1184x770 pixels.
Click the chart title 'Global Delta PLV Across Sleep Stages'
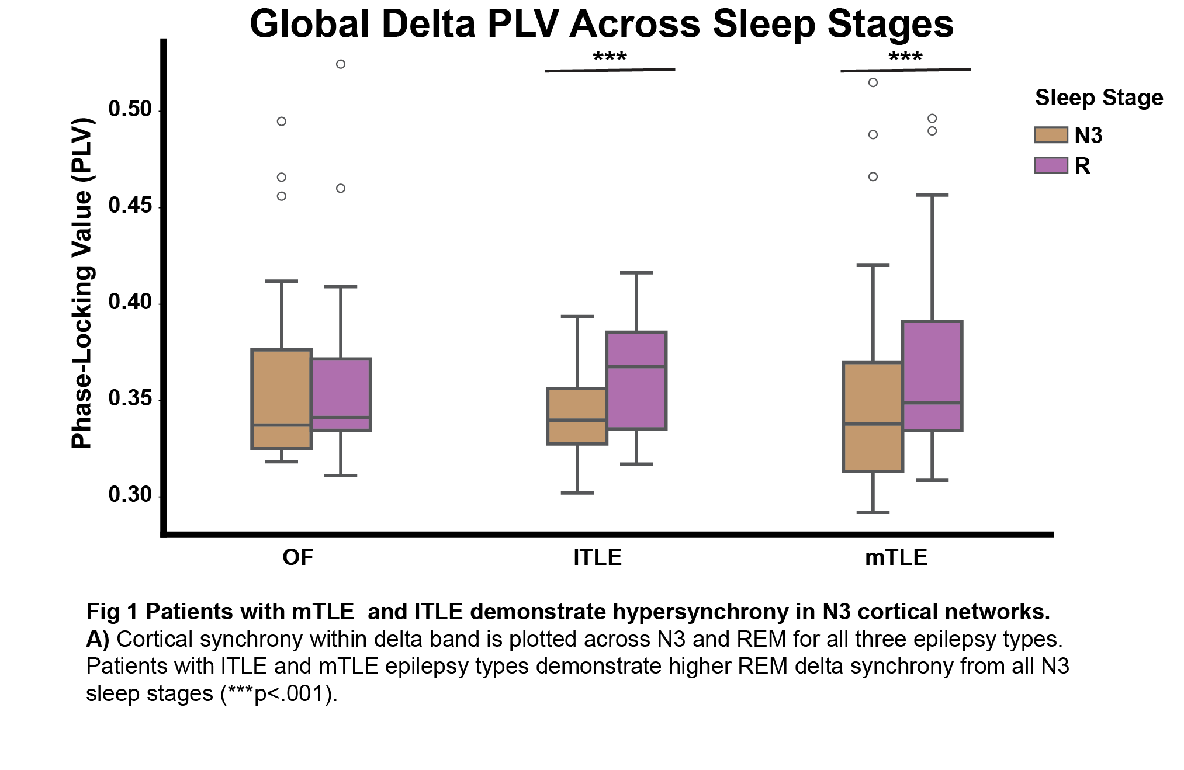coord(601,25)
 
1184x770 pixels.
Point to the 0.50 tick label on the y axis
coord(130,109)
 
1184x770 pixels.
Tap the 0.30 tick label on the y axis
coord(130,495)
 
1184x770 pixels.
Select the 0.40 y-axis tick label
coord(130,302)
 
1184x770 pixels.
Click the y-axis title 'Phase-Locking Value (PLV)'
coord(82,283)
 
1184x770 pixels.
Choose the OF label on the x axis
coord(298,557)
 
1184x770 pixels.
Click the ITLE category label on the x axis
coord(597,557)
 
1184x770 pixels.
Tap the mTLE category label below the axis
coord(896,557)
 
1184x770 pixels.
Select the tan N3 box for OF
coord(281,399)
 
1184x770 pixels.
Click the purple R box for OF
coord(341,394)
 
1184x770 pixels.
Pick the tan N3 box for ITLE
coord(577,416)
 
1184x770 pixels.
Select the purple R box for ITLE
coord(636,380)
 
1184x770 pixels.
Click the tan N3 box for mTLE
coord(873,417)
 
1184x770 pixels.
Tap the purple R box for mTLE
coord(932,376)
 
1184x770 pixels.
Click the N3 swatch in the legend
coord(1051,135)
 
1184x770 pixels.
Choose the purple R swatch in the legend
coord(1051,165)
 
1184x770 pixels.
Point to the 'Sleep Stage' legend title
coord(1099,98)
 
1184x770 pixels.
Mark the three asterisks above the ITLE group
coord(610,57)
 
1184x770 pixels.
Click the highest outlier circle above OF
coord(341,64)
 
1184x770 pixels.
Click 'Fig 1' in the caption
coord(112,612)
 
